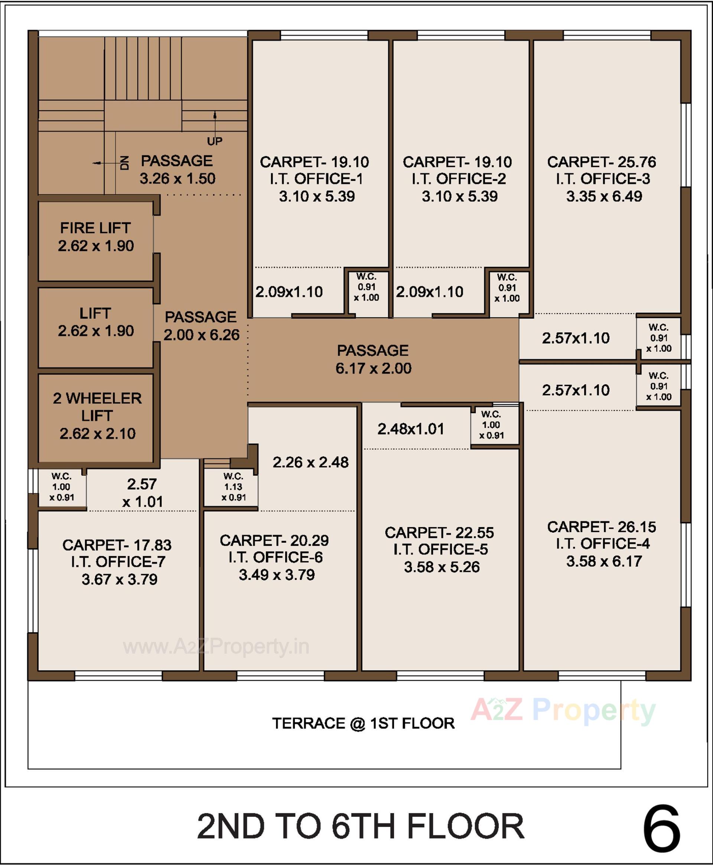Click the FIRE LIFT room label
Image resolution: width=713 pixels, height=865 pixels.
95,228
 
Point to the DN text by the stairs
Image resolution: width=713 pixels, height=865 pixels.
125,163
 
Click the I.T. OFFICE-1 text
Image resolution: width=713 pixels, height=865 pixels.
316,179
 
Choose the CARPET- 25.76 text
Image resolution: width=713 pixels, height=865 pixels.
601,162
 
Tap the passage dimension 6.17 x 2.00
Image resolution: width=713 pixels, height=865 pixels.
373,368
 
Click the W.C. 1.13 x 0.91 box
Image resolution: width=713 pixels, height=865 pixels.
233,487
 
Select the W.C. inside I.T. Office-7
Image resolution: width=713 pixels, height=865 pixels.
62,487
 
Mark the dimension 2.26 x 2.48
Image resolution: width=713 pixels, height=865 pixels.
310,462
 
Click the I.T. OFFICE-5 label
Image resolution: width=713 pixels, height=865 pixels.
440,549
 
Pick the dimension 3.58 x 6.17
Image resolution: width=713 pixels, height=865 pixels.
604,561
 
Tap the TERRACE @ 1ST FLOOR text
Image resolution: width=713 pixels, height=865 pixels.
363,723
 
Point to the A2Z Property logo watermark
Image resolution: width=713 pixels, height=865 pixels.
563,710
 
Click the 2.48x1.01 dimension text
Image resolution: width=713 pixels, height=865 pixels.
411,429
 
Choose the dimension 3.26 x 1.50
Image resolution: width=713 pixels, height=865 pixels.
178,179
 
